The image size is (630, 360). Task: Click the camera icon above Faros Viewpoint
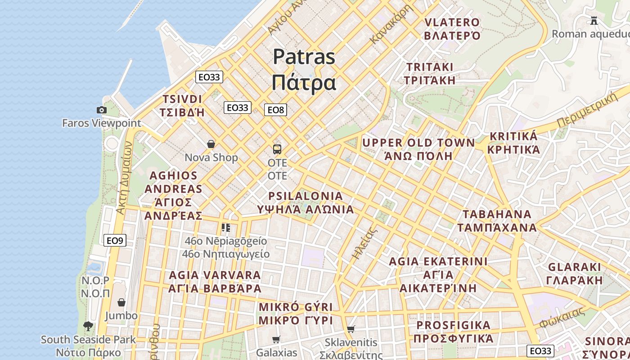coord(102,110)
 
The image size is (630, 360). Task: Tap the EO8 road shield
coord(275,110)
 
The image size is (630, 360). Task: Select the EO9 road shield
coord(115,240)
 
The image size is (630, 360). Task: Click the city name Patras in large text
coord(304,57)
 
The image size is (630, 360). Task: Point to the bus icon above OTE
coord(277,149)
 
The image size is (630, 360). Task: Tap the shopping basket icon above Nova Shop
coord(211,144)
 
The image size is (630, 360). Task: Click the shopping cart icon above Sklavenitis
coord(351,329)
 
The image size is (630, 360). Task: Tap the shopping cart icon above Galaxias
coord(276,339)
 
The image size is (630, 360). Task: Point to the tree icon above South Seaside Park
coord(88,326)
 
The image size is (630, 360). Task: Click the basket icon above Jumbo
coord(121,302)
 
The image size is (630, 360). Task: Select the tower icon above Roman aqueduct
coord(594,20)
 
